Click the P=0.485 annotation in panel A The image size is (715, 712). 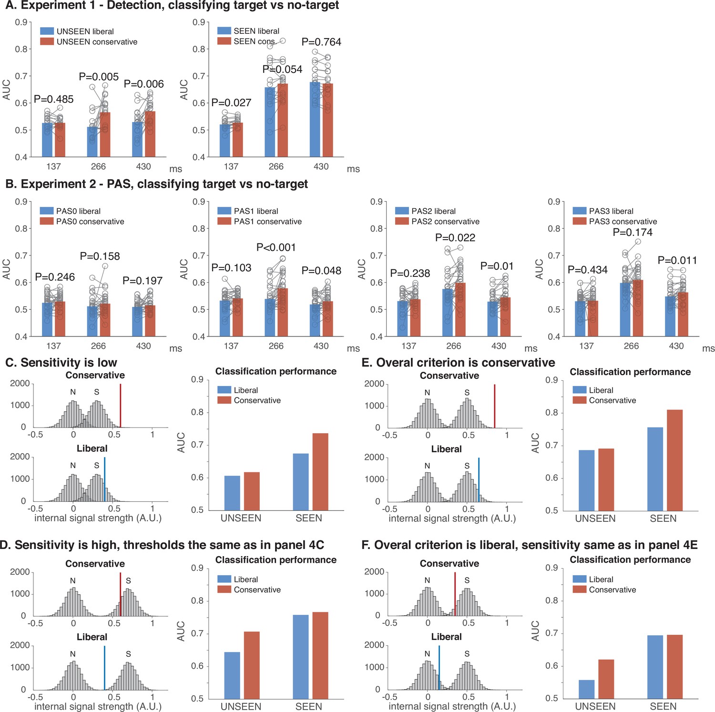(54, 99)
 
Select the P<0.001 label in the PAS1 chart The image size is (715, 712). (276, 247)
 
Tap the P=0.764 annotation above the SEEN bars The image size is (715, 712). (321, 42)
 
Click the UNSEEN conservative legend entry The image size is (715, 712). (89, 41)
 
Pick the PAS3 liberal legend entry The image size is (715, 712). (603, 211)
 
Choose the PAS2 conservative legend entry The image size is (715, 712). (437, 221)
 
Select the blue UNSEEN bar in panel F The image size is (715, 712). (586, 689)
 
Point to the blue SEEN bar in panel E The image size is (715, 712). (655, 469)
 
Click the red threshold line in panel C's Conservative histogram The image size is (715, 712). (121, 406)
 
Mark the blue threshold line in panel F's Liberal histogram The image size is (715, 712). (439, 667)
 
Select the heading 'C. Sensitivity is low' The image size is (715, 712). (61, 363)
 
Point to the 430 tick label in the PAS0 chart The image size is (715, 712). (143, 346)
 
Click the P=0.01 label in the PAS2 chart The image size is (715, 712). (497, 266)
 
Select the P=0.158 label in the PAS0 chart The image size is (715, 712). (100, 256)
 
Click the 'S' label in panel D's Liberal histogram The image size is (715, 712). (128, 654)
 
